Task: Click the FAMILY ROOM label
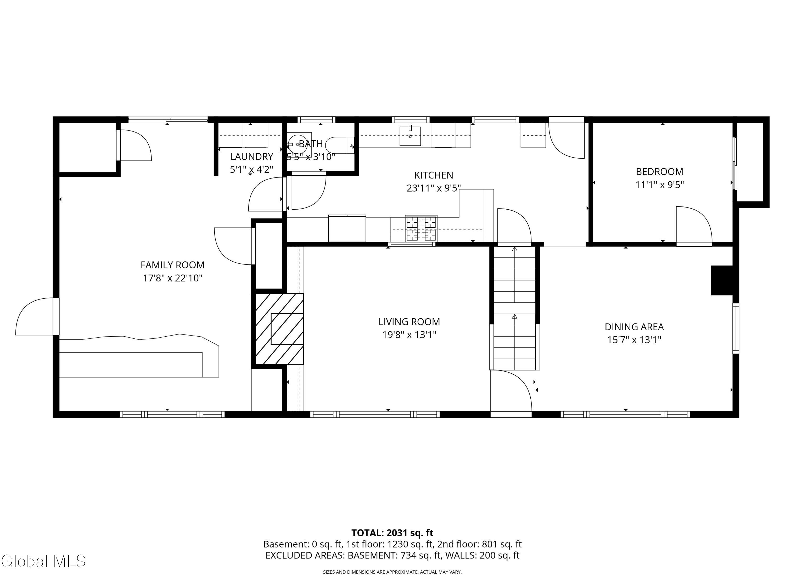tap(172, 265)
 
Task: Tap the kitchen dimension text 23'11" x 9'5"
tap(433, 188)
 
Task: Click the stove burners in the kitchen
tap(421, 228)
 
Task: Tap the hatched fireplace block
tap(279, 328)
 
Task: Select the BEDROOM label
tap(659, 172)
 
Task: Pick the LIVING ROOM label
tap(409, 322)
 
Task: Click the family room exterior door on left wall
tap(36, 316)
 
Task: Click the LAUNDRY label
tap(251, 157)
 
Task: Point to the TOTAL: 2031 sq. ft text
tap(392, 533)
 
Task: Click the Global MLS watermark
tap(43, 561)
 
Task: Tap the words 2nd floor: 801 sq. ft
tap(479, 544)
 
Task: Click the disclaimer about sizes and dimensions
tap(392, 572)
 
